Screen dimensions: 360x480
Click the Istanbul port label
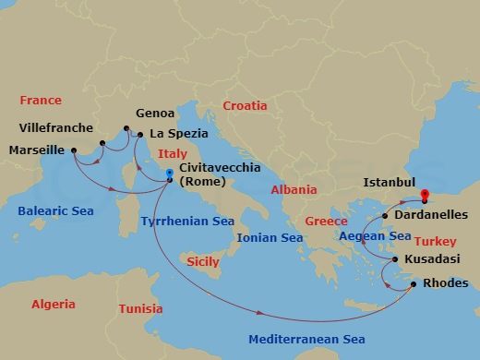click(x=390, y=183)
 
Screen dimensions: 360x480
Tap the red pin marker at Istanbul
click(x=425, y=195)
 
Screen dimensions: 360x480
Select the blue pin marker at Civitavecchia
click(x=169, y=173)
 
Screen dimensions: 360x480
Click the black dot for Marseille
click(x=74, y=150)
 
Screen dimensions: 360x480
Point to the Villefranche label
click(x=57, y=127)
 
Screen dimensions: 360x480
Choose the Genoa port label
click(x=155, y=114)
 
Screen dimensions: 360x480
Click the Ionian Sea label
click(x=270, y=238)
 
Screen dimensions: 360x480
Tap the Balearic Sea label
click(x=57, y=211)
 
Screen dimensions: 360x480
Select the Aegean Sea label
click(x=375, y=236)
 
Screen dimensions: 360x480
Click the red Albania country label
click(x=294, y=190)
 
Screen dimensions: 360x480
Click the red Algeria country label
click(x=54, y=304)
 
